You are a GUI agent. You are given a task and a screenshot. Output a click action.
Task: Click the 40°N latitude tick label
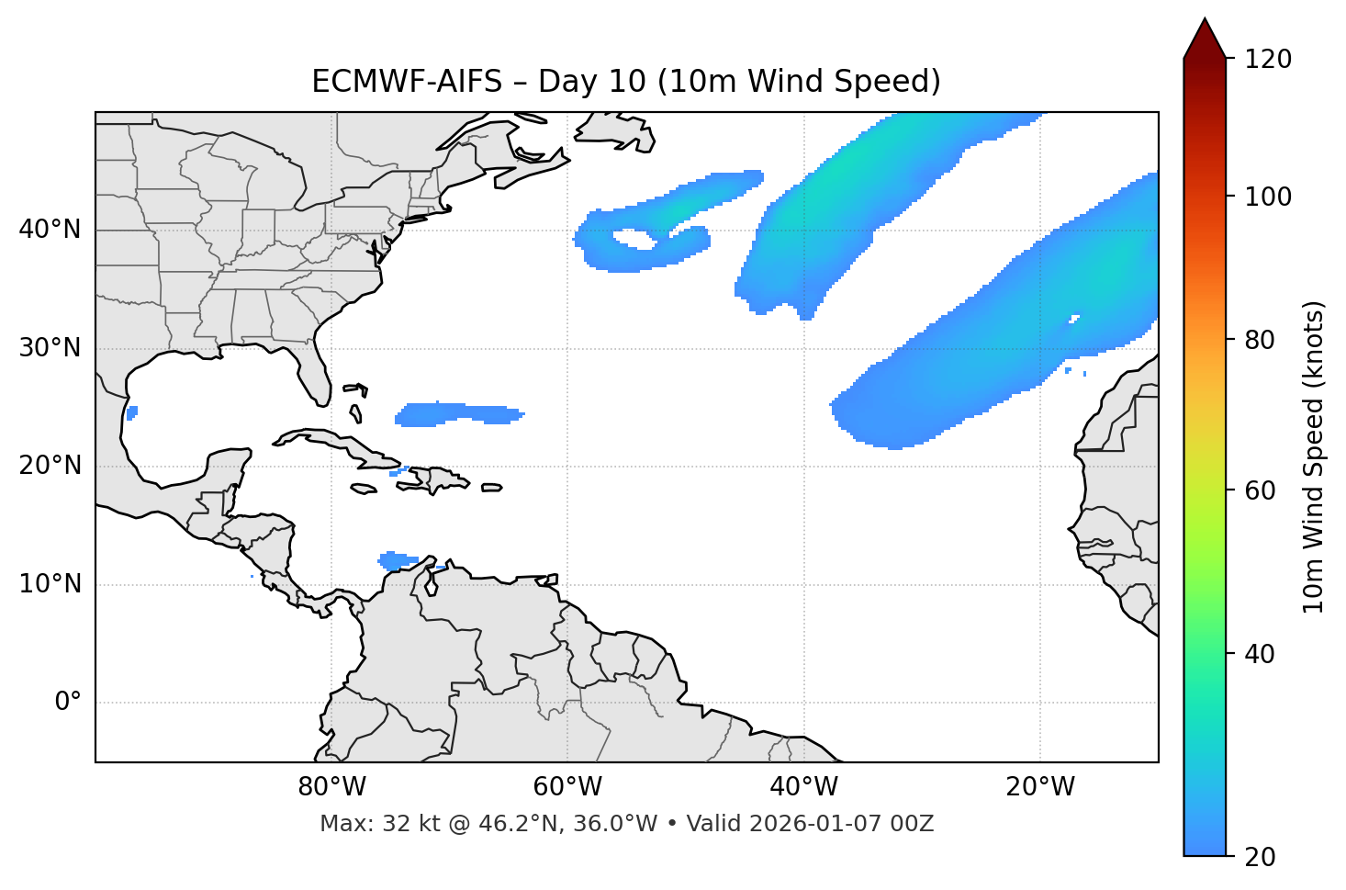point(50,230)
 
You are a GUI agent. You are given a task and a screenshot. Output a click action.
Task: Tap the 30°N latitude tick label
point(50,348)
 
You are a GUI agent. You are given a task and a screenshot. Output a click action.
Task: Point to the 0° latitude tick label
point(68,703)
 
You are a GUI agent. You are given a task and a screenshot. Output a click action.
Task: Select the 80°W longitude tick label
point(331,787)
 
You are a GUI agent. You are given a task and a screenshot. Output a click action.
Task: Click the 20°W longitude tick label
point(1040,787)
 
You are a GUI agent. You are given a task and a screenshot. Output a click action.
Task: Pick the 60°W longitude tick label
point(567,787)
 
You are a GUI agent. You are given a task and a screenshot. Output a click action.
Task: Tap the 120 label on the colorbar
point(1268,60)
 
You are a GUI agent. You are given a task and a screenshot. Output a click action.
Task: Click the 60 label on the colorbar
point(1261,490)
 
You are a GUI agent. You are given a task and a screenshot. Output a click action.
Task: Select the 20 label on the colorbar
point(1261,857)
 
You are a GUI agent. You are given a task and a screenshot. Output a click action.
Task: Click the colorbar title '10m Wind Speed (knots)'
point(1314,456)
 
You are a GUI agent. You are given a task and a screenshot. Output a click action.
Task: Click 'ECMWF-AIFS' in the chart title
point(407,82)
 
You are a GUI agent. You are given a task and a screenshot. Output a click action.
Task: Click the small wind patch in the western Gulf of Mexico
point(132,412)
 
